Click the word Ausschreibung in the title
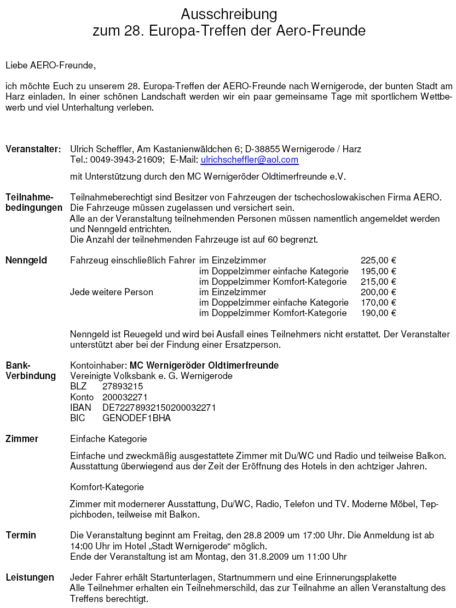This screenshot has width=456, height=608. [229, 14]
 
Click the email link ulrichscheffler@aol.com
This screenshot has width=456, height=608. [249, 159]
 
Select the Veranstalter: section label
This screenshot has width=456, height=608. [33, 149]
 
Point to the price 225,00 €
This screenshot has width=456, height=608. [378, 261]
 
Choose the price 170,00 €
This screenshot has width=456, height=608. [378, 302]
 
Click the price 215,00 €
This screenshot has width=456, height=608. [378, 282]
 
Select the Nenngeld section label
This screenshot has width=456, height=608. [26, 261]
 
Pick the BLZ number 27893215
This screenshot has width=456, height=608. [123, 386]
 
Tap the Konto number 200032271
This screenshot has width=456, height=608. [125, 397]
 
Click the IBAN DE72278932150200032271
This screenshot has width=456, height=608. [159, 408]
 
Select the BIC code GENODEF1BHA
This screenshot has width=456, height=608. [136, 418]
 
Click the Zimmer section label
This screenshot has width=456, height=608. [22, 439]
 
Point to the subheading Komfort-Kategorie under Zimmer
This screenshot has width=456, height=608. [107, 487]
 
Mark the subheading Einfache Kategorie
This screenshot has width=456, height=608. [108, 439]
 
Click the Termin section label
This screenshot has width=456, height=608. [21, 535]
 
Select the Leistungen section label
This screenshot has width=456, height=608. [30, 577]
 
